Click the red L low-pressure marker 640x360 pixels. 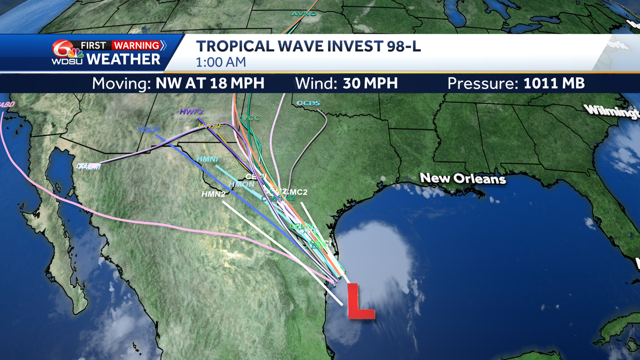coord(359,302)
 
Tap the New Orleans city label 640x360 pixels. coord(462,178)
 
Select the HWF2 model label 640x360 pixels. coord(191,112)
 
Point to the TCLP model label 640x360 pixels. coord(148,130)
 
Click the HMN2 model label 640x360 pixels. coord(213,194)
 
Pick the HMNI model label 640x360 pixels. coord(207,159)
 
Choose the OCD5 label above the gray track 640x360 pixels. coord(308,102)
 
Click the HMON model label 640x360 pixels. coord(241,185)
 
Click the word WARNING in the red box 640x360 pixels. coord(136,45)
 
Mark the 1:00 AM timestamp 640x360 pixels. coord(220,62)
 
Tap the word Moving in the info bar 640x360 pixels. coord(122,84)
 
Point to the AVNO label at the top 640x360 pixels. coord(304,13)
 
